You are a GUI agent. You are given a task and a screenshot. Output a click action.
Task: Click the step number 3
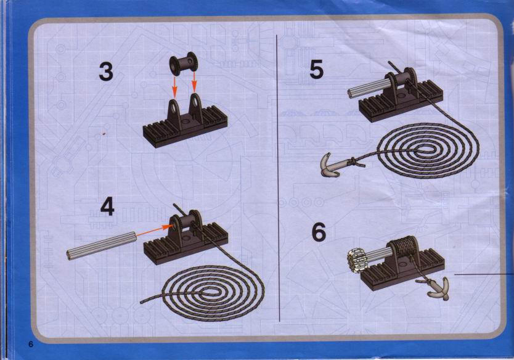[x=106, y=72]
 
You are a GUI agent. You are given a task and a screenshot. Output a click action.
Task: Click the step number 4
[x=107, y=207]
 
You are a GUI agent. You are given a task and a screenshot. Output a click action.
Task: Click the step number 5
[x=317, y=70]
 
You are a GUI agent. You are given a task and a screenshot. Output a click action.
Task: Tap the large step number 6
[x=319, y=232]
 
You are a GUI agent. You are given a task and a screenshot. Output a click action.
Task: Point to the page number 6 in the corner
[x=31, y=344]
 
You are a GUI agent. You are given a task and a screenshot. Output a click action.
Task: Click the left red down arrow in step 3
[x=174, y=86]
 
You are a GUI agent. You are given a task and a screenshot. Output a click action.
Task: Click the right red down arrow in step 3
[x=194, y=82]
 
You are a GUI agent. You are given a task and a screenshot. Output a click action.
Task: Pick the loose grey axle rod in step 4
[x=101, y=245]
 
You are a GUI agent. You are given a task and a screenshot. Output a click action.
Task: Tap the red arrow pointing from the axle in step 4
[x=154, y=231]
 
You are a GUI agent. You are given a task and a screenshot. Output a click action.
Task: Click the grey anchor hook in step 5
[x=340, y=165]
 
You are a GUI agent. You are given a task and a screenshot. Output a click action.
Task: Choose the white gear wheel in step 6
[x=356, y=260]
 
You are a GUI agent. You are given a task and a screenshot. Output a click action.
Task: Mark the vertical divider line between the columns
[x=279, y=178]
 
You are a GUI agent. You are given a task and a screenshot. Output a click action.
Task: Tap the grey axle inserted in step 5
[x=368, y=88]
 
